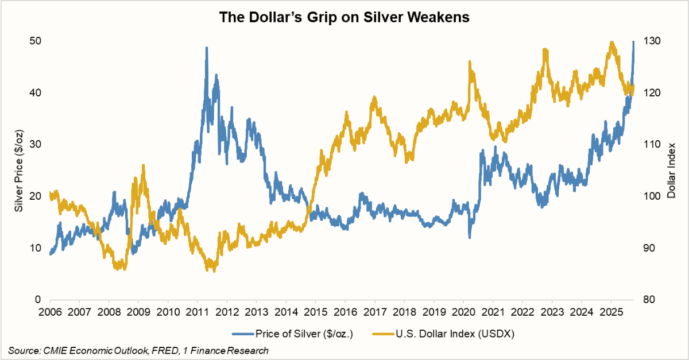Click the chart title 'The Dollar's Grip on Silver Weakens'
tap(344, 18)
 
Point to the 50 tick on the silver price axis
tap(36, 41)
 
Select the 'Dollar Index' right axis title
tap(672, 170)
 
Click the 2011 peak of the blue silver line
tap(206, 48)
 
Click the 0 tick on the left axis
tap(38, 300)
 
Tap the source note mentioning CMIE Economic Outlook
tap(138, 350)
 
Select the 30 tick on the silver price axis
tap(36, 144)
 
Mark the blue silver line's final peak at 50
tap(633, 42)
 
